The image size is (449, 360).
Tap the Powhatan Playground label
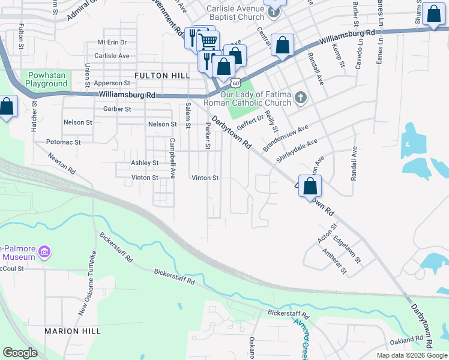[46, 80]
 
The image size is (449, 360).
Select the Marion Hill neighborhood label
[71, 331]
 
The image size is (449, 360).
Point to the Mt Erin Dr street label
[112, 43]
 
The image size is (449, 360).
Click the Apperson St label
[110, 83]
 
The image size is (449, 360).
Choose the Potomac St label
[63, 142]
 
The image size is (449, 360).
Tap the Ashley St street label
[145, 163]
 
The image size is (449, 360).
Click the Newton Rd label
[63, 163]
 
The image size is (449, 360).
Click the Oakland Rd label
[406, 340]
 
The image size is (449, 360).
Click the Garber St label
[117, 109]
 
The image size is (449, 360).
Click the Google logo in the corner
[20, 352]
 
